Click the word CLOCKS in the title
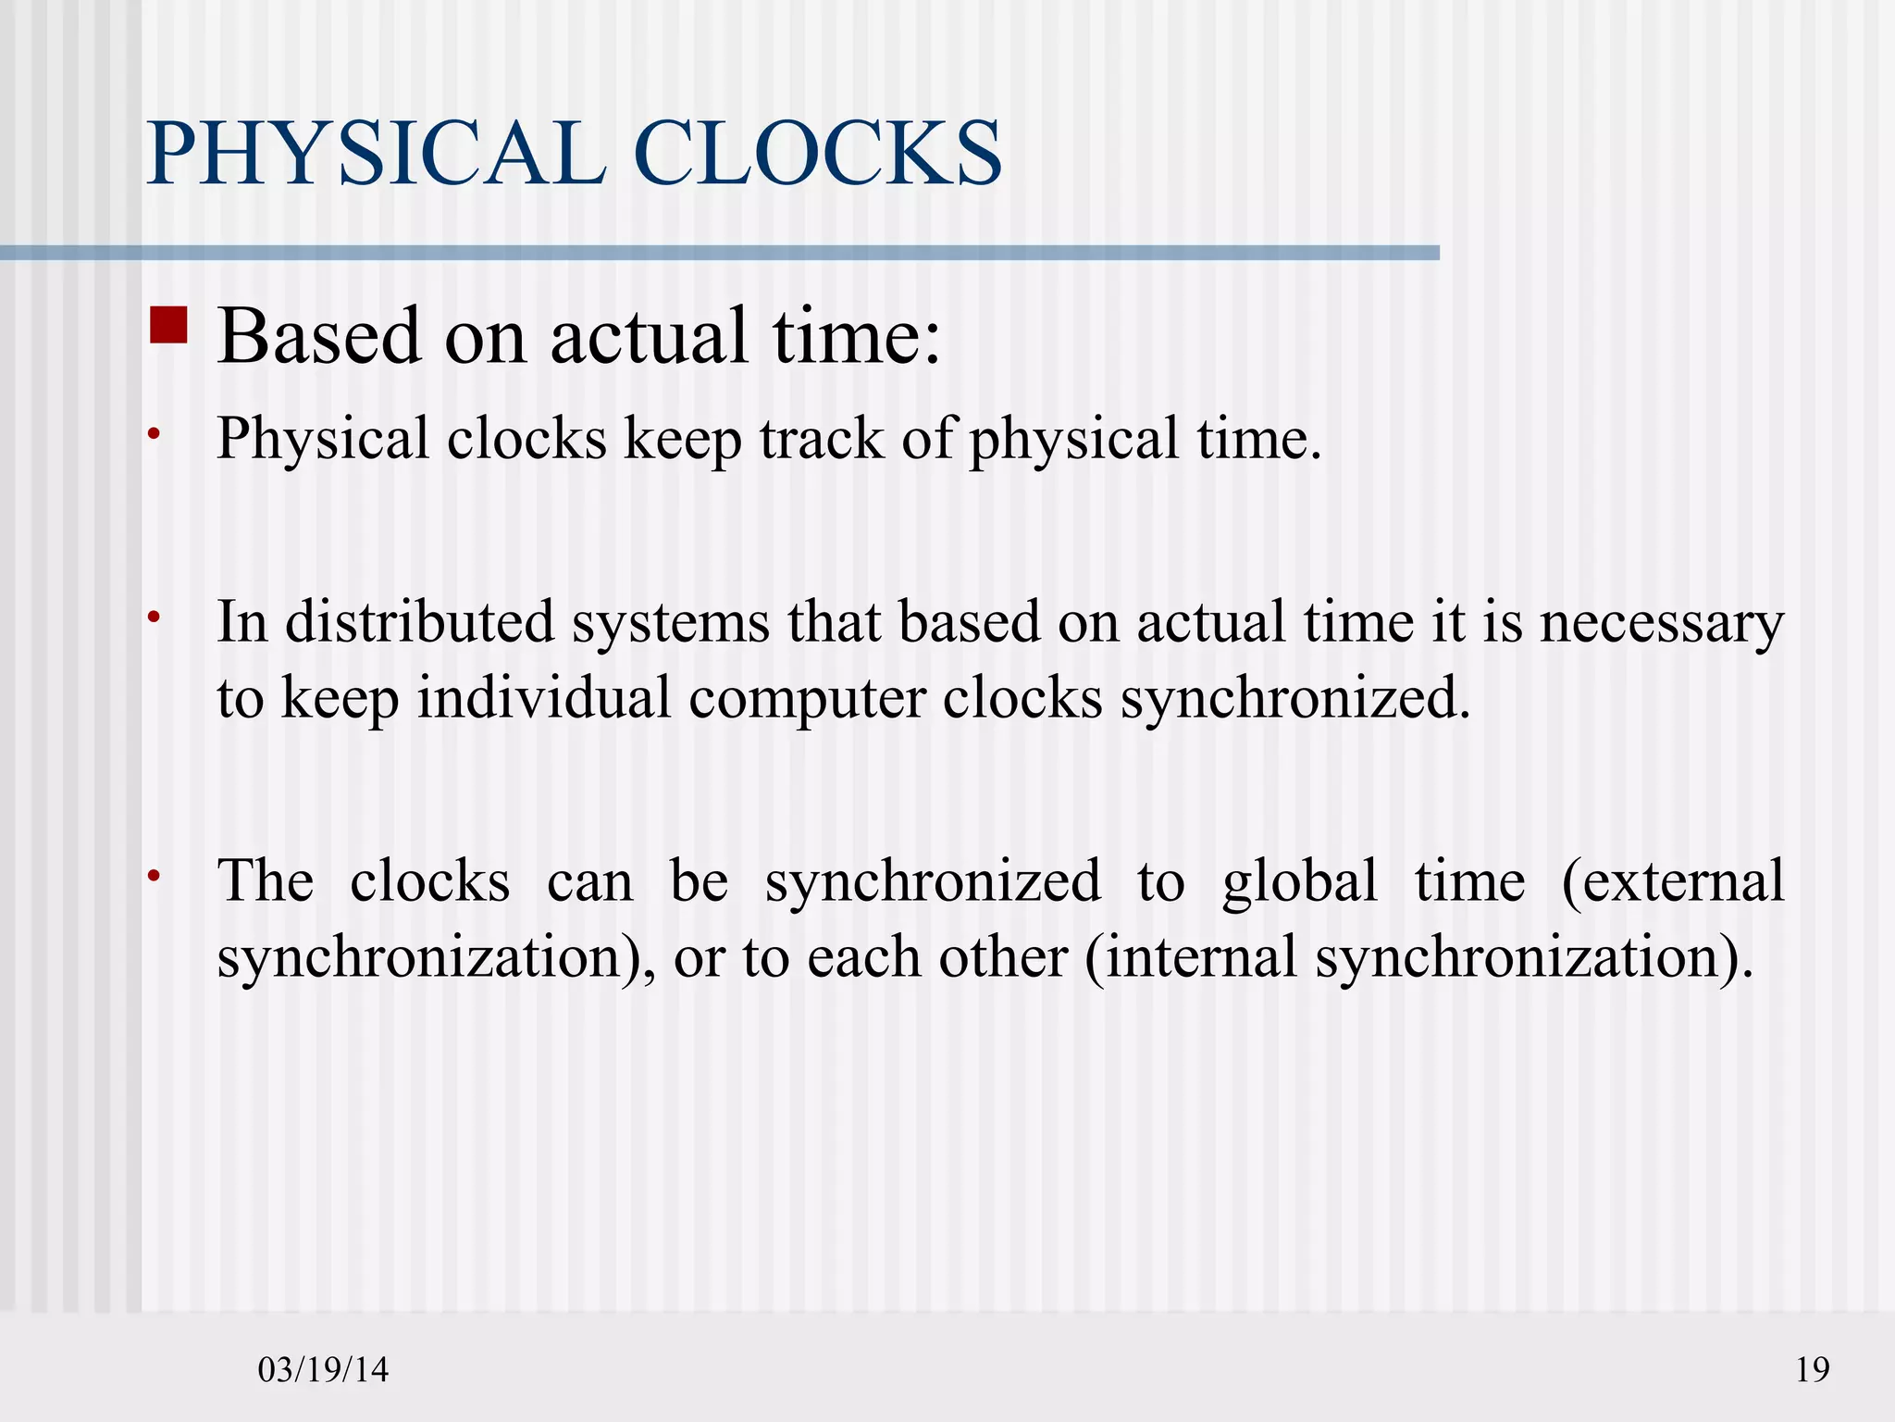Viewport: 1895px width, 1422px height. coord(818,154)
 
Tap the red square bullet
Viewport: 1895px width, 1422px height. coord(168,325)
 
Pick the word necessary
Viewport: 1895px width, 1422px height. coord(1661,623)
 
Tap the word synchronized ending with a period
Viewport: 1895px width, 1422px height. coord(1295,699)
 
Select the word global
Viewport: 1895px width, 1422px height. coord(1299,882)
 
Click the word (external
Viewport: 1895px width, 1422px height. coord(1672,880)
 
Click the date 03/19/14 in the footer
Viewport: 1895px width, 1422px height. coord(323,1369)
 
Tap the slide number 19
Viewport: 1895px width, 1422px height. coord(1812,1369)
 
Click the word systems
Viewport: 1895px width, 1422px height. coord(670,623)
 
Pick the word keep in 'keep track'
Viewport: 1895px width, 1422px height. coord(682,440)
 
